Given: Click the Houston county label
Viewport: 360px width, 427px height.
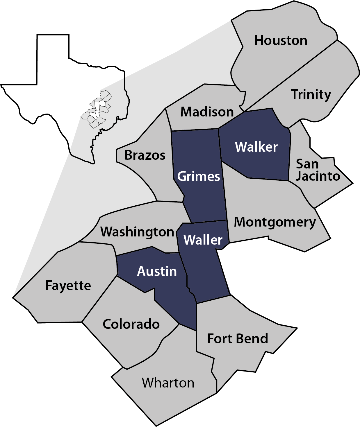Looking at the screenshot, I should click(281, 41).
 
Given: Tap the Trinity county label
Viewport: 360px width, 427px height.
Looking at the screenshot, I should click(311, 95).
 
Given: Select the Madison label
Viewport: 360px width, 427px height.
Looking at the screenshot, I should click(207, 112).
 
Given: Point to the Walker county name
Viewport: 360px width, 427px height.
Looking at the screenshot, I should click(256, 147).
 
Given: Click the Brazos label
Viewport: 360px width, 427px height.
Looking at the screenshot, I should click(145, 155).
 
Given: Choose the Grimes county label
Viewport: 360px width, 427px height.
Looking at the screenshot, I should click(199, 176).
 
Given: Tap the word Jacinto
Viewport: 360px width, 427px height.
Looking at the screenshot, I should click(318, 176).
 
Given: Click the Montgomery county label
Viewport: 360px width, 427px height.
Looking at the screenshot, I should click(275, 223).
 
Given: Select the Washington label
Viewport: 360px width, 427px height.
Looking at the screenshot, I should click(137, 232).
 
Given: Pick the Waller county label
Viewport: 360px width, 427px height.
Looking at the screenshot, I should click(203, 240).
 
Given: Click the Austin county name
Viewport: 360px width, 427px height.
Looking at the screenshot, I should click(157, 272).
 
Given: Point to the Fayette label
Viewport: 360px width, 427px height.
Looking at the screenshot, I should click(68, 286).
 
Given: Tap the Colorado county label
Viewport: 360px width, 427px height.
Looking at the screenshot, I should click(131, 324).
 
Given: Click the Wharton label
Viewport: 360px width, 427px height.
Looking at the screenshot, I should click(168, 383).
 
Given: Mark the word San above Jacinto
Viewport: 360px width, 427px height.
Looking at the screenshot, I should click(307, 164).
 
